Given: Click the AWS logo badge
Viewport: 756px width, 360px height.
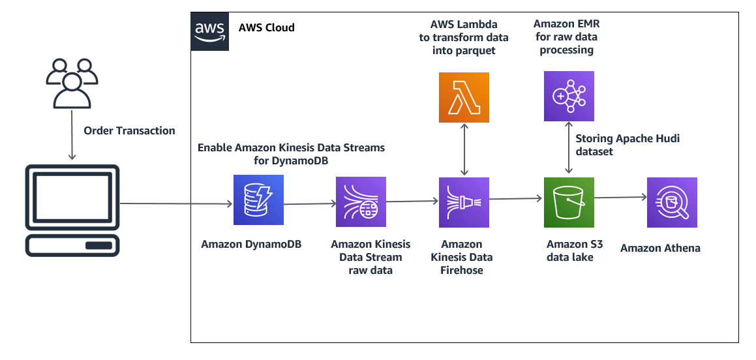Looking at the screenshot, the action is coord(210,32).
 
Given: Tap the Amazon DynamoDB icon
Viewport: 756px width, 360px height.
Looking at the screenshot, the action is coord(258,200).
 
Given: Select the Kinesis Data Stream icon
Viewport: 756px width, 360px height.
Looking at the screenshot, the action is coord(361,202).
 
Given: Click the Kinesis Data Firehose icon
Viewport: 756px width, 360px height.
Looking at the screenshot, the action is coord(464,202).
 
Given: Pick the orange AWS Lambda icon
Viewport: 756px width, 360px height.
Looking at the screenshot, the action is coord(464,97).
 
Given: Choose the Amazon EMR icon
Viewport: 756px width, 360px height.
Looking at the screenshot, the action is coord(569,96).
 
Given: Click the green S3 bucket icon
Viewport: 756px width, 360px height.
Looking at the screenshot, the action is coord(569,202).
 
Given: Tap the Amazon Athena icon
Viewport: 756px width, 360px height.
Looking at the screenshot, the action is coord(672,202).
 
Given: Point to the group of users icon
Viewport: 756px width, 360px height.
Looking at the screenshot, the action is coord(72,83).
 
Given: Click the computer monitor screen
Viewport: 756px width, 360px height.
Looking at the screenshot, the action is coord(72,197).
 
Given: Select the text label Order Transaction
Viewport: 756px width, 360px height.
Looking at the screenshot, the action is coord(129,130).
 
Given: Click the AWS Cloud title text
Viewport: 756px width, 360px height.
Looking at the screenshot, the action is coord(267,27).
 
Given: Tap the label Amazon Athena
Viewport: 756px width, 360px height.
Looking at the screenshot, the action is coord(660,248).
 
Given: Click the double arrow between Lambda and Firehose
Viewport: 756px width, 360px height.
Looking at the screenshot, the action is coord(464,150).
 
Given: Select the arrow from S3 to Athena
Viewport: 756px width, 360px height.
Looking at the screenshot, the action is coord(620,197).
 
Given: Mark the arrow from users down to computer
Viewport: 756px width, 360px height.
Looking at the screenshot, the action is coord(72,135).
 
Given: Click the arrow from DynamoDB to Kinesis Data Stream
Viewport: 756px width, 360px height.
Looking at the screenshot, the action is coord(310,204).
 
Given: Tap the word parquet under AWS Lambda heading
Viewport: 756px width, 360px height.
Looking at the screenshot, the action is coord(478,51).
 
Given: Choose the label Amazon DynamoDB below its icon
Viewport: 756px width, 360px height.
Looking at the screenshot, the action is coord(251,244).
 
